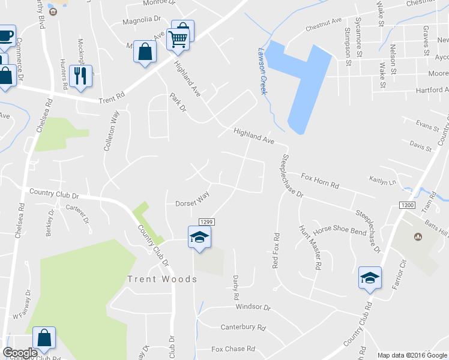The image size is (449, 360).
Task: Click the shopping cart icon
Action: pos(179,39)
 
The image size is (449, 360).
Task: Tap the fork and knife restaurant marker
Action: pos(80,76)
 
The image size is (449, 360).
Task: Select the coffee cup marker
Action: pos(6,35)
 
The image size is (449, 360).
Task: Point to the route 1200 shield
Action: pos(407,206)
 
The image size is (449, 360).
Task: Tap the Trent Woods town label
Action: pos(161,279)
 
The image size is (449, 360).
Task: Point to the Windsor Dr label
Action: pos(253,307)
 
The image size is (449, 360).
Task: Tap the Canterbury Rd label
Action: pos(243,328)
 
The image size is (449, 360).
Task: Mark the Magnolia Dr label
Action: pos(142,19)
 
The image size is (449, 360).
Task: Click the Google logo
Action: pos(20,353)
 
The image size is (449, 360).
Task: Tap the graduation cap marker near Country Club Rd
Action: pos(369,278)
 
